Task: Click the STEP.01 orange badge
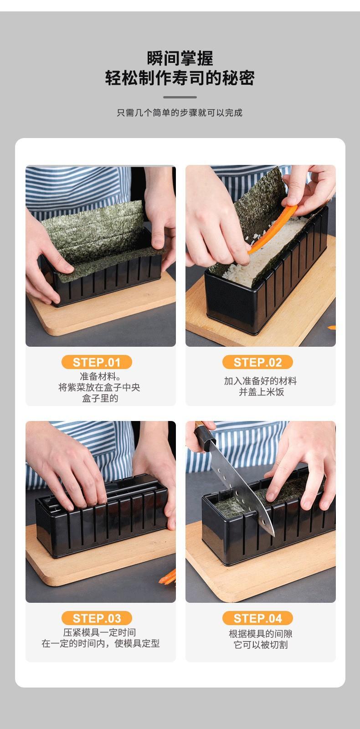97,362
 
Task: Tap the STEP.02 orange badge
257,362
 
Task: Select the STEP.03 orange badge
97,618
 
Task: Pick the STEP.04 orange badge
257,618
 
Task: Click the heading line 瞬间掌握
180,59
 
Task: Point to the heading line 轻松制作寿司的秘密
180,78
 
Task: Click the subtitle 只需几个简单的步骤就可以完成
180,113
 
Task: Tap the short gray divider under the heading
180,97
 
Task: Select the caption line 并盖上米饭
262,392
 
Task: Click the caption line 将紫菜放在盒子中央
99,387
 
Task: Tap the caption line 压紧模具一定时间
99,632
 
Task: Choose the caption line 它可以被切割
261,644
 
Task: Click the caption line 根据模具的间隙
261,634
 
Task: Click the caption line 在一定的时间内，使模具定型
101,643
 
